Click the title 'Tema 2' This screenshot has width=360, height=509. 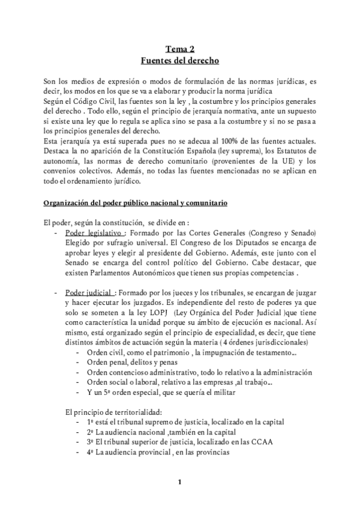tap(179, 50)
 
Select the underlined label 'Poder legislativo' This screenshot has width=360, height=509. tap(94, 232)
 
